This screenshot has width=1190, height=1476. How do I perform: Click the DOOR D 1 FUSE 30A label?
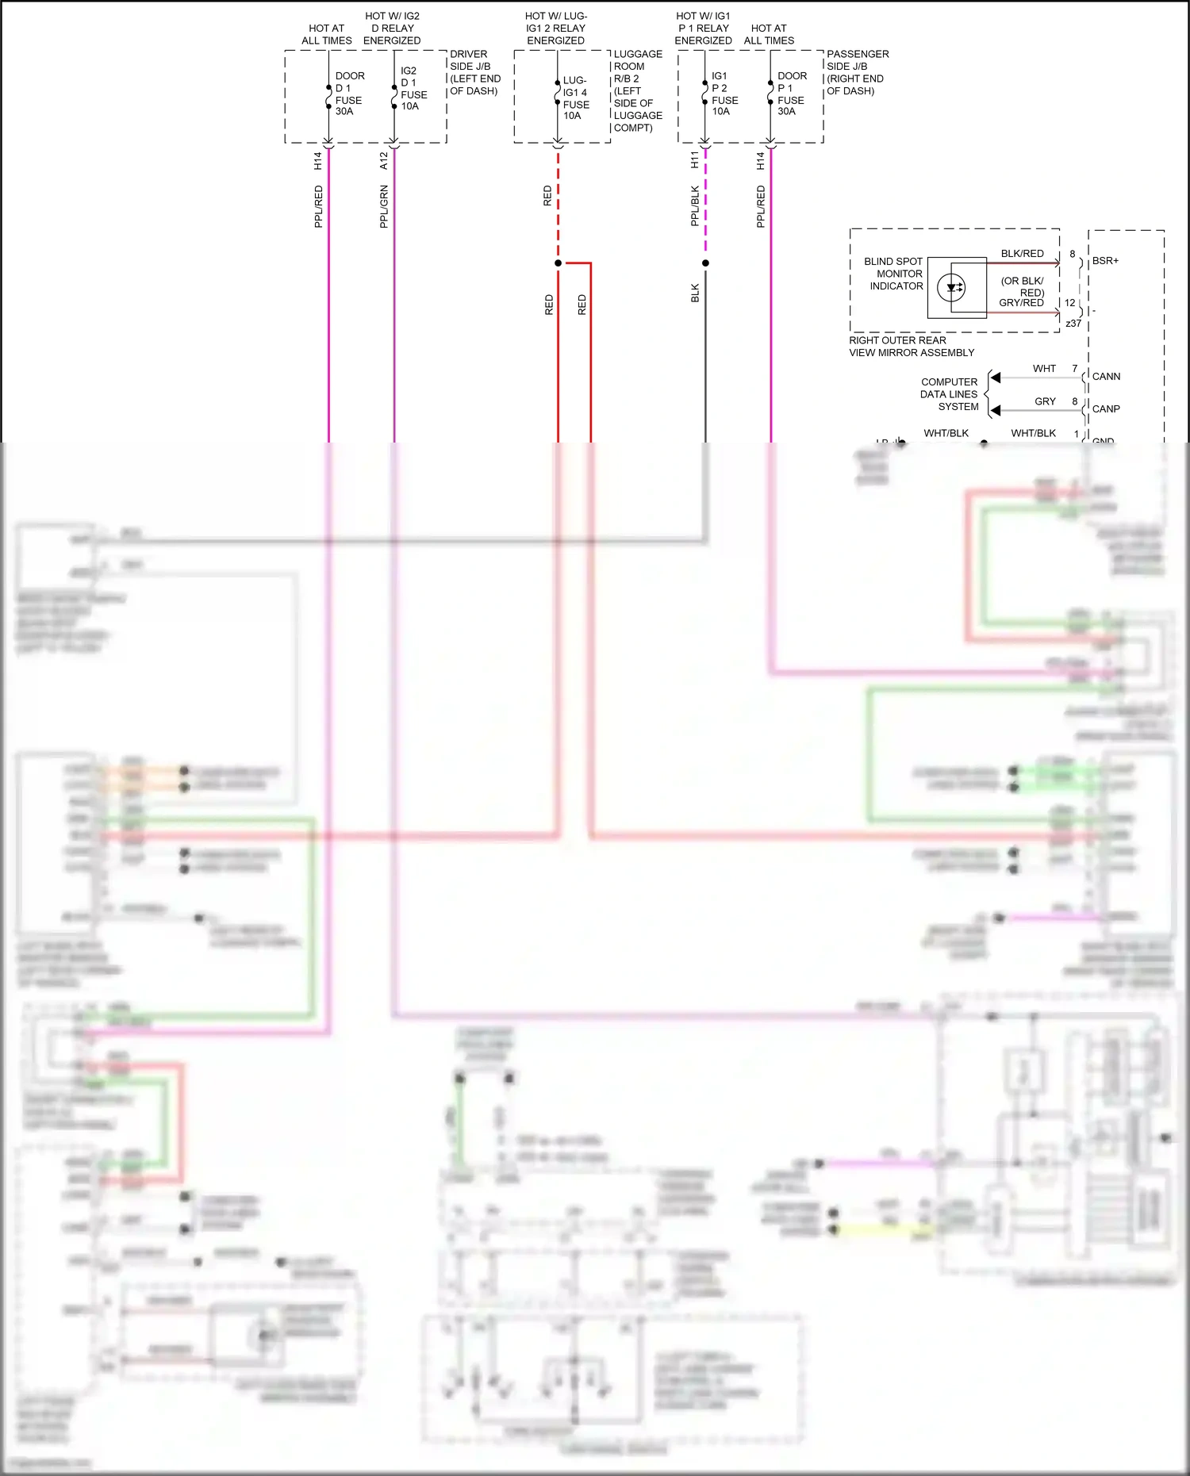pos(349,94)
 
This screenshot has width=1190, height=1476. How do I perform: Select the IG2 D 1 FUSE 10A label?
pos(413,88)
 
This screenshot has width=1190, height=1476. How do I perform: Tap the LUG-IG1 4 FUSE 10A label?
pos(576,98)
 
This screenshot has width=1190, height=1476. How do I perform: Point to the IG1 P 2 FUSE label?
pos(724,94)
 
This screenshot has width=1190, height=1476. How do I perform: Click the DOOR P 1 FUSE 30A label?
pos(790,94)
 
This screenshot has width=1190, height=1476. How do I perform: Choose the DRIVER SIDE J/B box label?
pos(474,72)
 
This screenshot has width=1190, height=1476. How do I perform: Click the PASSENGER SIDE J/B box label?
pos(857,72)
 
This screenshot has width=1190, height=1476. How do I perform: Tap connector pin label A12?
pos(384,161)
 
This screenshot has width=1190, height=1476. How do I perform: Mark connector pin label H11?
pos(695,160)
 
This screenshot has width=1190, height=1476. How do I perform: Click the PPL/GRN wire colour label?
pos(384,207)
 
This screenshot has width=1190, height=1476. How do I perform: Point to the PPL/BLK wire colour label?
pos(695,206)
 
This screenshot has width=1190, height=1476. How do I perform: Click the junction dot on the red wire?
pos(559,263)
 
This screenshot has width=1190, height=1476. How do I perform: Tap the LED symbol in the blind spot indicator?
pos(951,288)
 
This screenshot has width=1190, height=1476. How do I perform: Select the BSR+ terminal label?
pos(1105,261)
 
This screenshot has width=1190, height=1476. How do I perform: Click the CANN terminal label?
pos(1106,377)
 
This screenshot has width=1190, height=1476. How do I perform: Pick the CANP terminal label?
pos(1106,409)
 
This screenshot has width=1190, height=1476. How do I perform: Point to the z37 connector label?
pos(1073,324)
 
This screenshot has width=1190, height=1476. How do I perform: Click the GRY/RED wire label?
pos(1021,303)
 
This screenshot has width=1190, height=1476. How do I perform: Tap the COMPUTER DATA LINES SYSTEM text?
pos(949,394)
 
